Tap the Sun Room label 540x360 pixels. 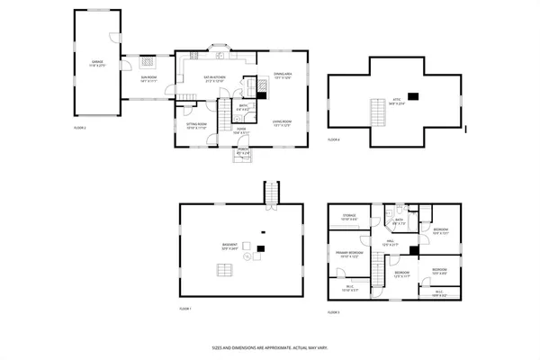(148, 79)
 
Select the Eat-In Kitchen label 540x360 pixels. (213, 79)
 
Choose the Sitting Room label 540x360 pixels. (196, 125)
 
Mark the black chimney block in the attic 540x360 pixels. (413, 95)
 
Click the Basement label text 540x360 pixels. (231, 247)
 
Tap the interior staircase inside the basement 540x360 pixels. (220, 270)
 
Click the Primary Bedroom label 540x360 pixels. (351, 255)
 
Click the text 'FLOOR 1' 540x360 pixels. (184, 309)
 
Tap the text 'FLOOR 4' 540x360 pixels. (334, 139)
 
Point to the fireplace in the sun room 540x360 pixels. (149, 64)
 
